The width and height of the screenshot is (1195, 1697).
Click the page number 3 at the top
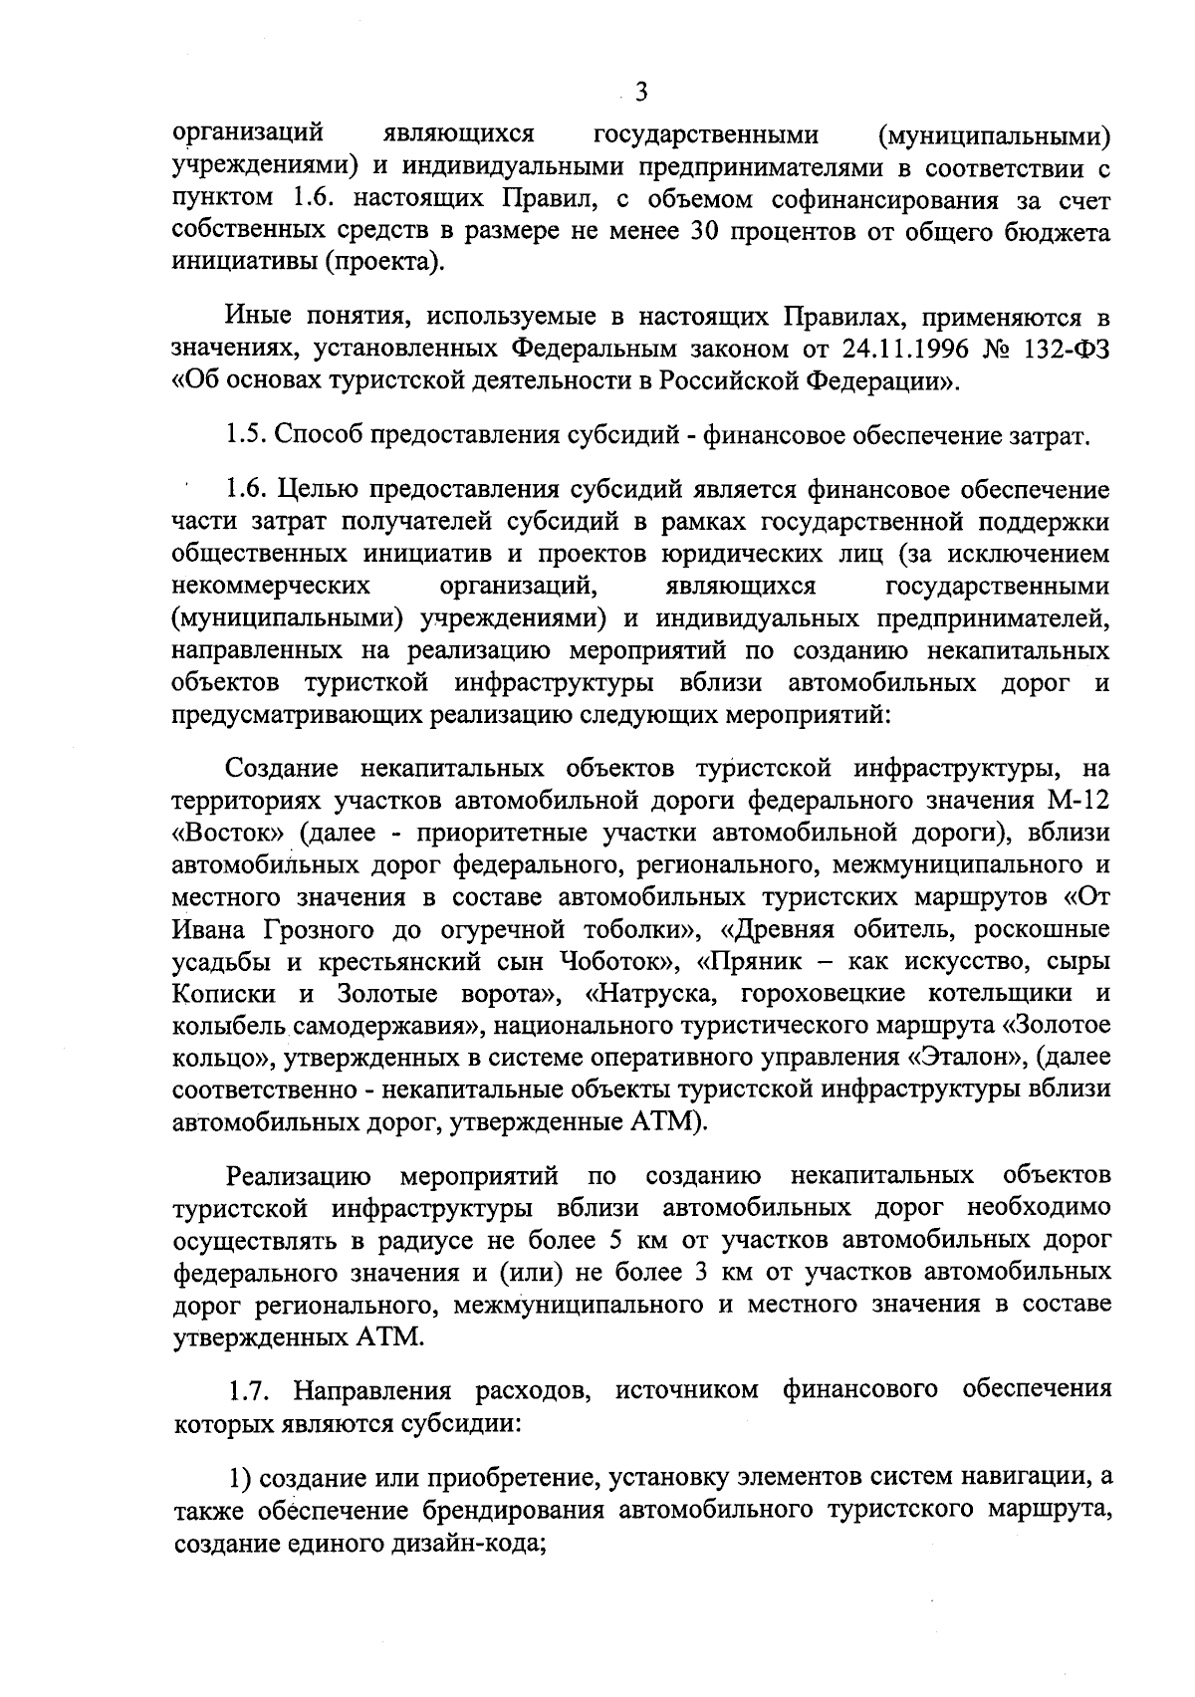coord(640,93)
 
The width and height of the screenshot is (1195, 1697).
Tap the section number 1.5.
coord(244,435)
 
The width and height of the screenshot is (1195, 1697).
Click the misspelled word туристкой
coord(367,683)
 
